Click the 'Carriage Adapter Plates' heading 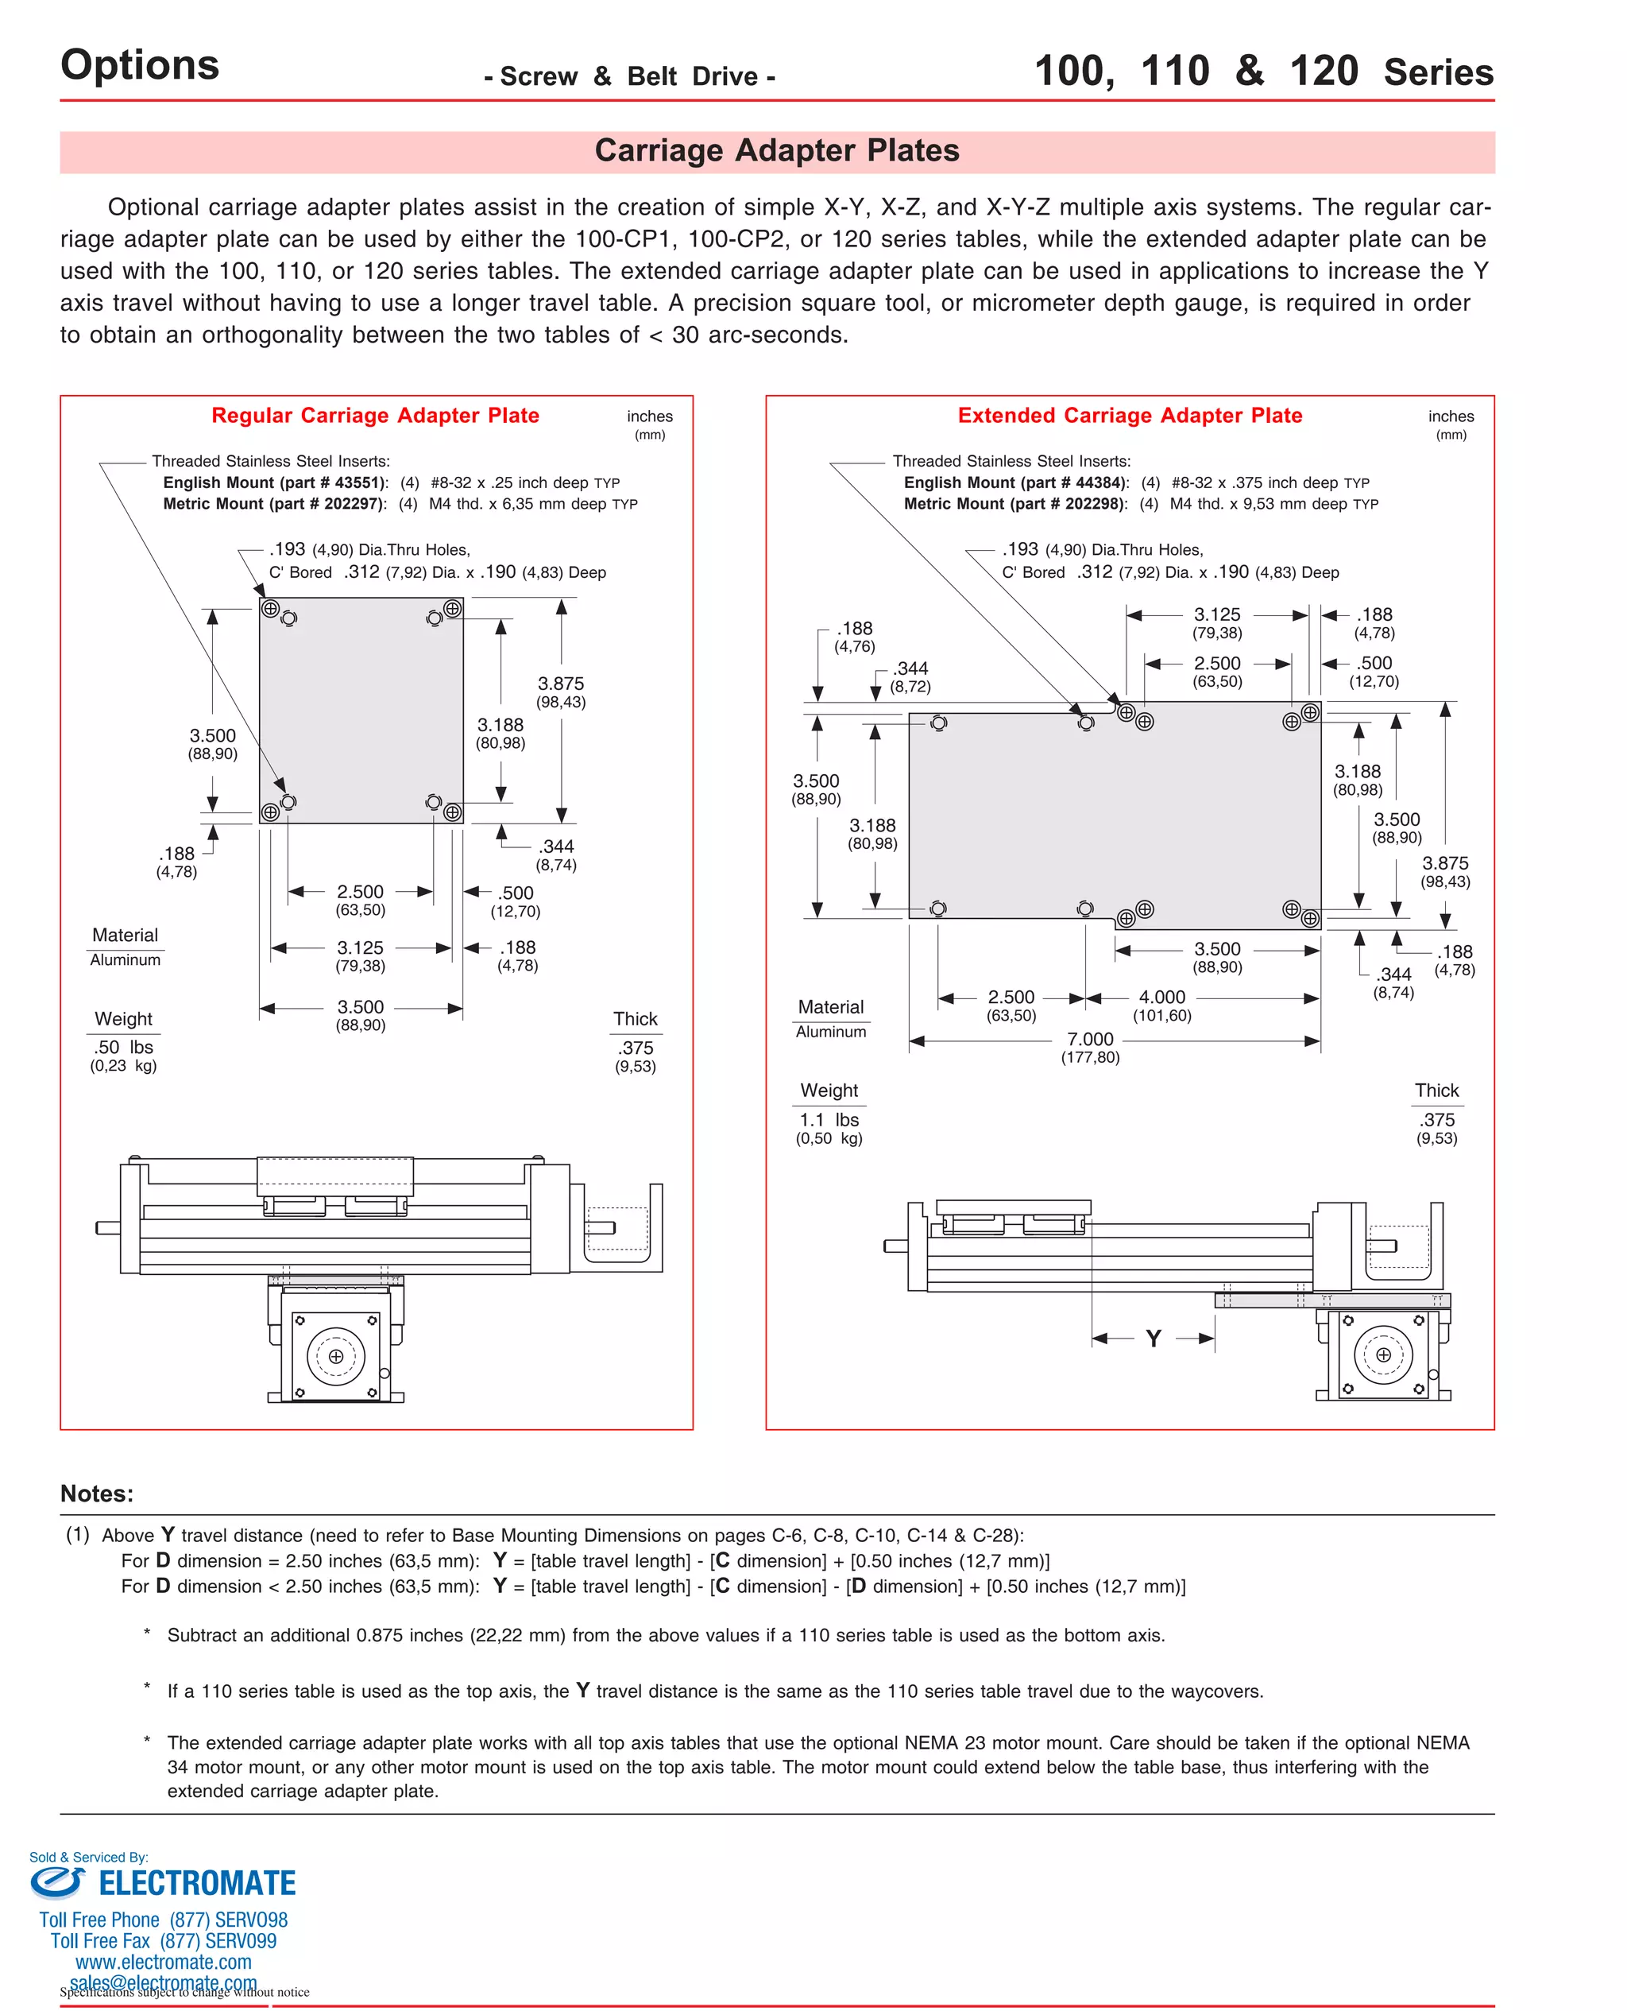[776, 151]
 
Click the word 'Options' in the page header [140, 66]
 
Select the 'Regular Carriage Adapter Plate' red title [375, 416]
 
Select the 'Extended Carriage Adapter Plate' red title [1130, 416]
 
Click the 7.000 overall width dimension [1089, 1039]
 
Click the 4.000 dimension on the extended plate [1161, 997]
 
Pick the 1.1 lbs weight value [829, 1119]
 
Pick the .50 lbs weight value [123, 1047]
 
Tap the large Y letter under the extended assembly [1153, 1339]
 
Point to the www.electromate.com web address [163, 1963]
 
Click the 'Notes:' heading [97, 1494]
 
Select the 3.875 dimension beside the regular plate [560, 684]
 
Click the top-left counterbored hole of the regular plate [271, 608]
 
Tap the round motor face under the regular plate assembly [335, 1356]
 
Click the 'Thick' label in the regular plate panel [636, 1018]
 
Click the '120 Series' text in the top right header [1391, 72]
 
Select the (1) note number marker [78, 1535]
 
